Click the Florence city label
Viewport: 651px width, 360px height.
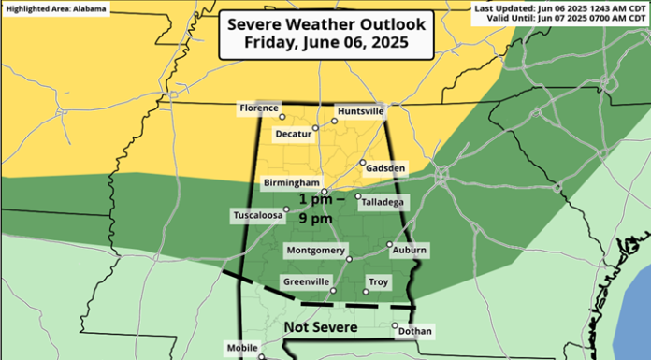tap(259, 108)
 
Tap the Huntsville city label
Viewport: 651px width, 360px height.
tap(359, 110)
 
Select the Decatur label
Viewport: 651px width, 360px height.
tap(292, 133)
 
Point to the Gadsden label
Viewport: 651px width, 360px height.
tap(386, 167)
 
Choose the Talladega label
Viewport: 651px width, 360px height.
tap(383, 200)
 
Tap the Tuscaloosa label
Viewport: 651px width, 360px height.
tap(257, 216)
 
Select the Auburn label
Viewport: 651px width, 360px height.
tap(410, 250)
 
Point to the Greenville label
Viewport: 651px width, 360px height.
tap(306, 281)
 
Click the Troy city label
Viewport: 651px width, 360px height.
tap(377, 281)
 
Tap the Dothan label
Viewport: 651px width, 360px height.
tap(414, 330)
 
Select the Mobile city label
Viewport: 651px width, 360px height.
tap(241, 348)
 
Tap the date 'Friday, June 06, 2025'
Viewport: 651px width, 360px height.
tap(325, 42)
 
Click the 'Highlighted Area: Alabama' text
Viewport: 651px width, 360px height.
tap(56, 8)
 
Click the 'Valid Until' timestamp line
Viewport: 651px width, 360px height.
tap(564, 18)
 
